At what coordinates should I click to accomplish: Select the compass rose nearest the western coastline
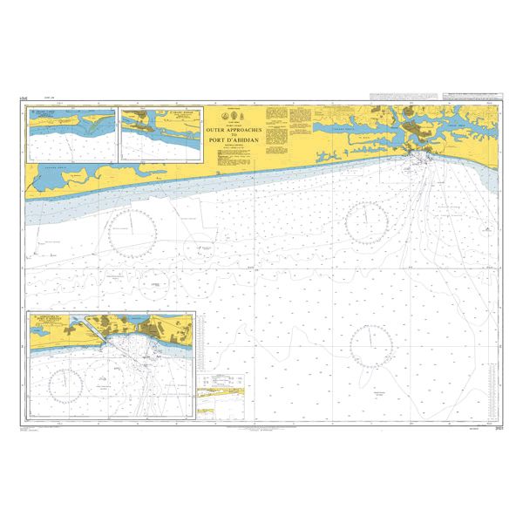tap(132, 228)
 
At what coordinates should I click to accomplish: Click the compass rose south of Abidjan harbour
tap(370, 224)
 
